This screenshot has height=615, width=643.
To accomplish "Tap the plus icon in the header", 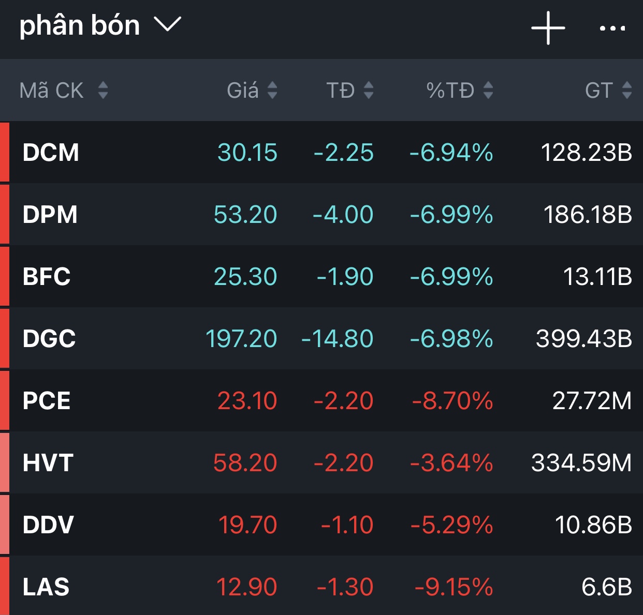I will point(548,28).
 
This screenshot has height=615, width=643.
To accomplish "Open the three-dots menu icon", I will point(612,28).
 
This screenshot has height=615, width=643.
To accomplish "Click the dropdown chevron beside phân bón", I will point(168,24).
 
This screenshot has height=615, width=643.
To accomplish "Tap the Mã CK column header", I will point(52,91).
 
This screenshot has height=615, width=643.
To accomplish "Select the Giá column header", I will point(243,91).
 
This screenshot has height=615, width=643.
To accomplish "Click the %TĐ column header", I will point(450,91).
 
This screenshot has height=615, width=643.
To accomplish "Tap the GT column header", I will point(599,91).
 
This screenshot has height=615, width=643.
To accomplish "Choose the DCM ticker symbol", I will point(51,153).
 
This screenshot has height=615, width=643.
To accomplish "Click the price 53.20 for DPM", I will point(245,215).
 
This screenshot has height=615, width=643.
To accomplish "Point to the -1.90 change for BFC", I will point(345,277).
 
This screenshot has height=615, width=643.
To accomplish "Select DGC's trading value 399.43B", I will point(584,339).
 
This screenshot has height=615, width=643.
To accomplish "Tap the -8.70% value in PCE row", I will point(452,401).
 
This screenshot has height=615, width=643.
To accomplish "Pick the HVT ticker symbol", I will point(48,463).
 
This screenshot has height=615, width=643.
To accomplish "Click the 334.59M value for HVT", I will point(581,463).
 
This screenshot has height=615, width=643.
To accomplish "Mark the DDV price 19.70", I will point(247,525).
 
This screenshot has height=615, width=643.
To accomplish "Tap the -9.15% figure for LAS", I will point(454,587).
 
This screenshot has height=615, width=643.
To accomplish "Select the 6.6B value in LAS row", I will point(607,587).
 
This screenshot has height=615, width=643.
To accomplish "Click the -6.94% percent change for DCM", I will point(451,153).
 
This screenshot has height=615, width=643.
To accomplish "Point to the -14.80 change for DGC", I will point(337,339).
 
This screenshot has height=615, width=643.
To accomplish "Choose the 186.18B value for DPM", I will point(588,215).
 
